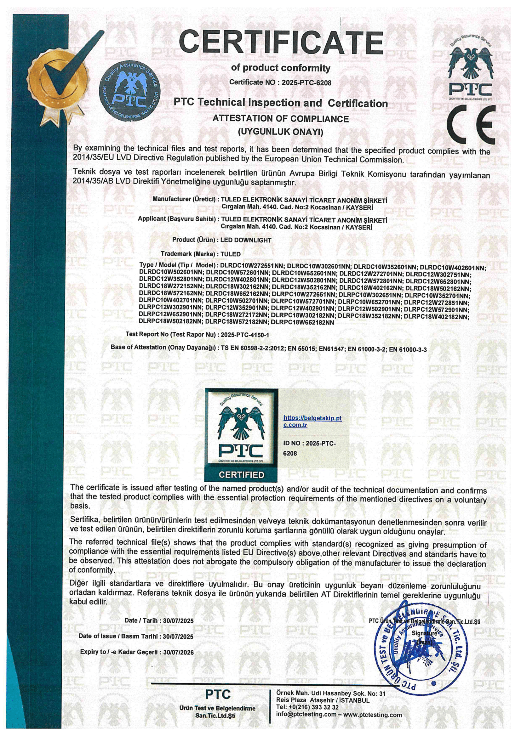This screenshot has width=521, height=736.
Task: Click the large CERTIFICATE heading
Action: coord(281,43)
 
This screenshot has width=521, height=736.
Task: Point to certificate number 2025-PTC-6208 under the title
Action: coord(306,83)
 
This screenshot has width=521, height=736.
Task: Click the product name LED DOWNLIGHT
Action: coord(246,240)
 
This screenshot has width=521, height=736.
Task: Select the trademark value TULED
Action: coord(231,254)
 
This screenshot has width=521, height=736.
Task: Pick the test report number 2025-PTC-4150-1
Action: coord(245,335)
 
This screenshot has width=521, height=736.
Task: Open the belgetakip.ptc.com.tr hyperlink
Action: coord(312,421)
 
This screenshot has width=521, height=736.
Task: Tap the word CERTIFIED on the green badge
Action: coord(241,475)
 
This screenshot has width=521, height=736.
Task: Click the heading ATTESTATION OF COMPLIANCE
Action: coord(281,119)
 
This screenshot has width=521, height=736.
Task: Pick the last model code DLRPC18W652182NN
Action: coord(302,322)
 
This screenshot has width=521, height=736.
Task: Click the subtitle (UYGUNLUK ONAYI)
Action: coord(280,132)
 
